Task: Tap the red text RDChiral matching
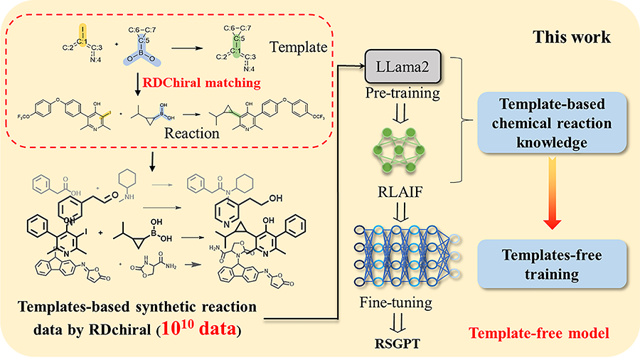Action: click(201, 83)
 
